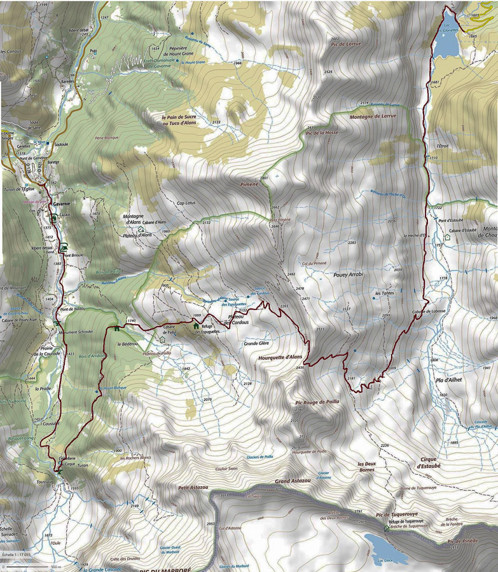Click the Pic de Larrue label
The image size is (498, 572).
(345, 43)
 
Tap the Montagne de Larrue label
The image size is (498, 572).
(373, 116)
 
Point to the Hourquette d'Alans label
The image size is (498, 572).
(280, 357)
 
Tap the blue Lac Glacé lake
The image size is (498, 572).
(380, 543)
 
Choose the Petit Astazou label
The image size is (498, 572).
(192, 487)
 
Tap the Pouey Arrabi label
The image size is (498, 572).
(348, 276)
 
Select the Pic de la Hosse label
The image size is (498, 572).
(321, 132)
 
